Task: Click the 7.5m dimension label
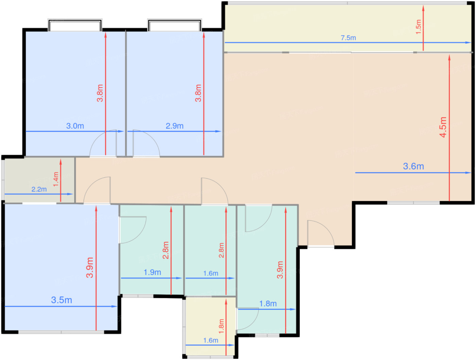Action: tap(348, 38)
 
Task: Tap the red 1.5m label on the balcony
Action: tap(419, 27)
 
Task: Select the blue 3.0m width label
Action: tap(75, 126)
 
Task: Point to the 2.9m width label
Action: tap(174, 126)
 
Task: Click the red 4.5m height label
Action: tap(443, 127)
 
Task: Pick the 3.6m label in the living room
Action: tap(413, 166)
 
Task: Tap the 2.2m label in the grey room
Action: tap(39, 190)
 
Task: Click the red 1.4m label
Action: tap(56, 179)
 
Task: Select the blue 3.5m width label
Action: tap(62, 300)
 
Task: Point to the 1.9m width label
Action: tap(152, 272)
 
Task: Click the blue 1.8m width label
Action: tap(268, 304)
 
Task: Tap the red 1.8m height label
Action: tap(221, 326)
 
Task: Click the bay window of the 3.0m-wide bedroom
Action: tap(75, 26)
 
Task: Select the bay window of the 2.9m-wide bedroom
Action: tap(174, 26)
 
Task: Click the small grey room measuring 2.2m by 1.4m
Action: tap(39, 180)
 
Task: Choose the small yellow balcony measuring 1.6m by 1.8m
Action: tap(210, 326)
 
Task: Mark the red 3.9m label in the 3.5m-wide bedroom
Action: tap(90, 267)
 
